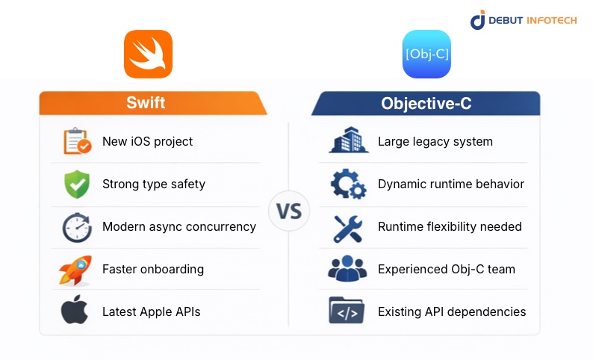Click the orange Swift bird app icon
pyautogui.click(x=148, y=54)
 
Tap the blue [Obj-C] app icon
pyautogui.click(x=426, y=54)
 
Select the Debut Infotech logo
pyautogui.click(x=523, y=20)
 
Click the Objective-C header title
pyautogui.click(x=426, y=103)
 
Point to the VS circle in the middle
pyautogui.click(x=289, y=211)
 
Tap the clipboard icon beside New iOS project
pyautogui.click(x=77, y=141)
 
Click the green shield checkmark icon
pyautogui.click(x=76, y=184)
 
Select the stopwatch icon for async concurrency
pyautogui.click(x=76, y=227)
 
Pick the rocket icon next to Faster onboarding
pyautogui.click(x=75, y=270)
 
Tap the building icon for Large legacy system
pyautogui.click(x=348, y=141)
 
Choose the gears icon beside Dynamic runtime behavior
pyautogui.click(x=348, y=184)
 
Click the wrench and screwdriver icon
pyautogui.click(x=348, y=227)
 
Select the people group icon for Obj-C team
pyautogui.click(x=347, y=269)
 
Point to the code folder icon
pyautogui.click(x=347, y=311)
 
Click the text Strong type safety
pyautogui.click(x=153, y=184)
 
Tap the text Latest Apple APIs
pyautogui.click(x=151, y=311)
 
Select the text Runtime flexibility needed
pyautogui.click(x=450, y=226)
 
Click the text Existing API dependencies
pyautogui.click(x=452, y=311)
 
